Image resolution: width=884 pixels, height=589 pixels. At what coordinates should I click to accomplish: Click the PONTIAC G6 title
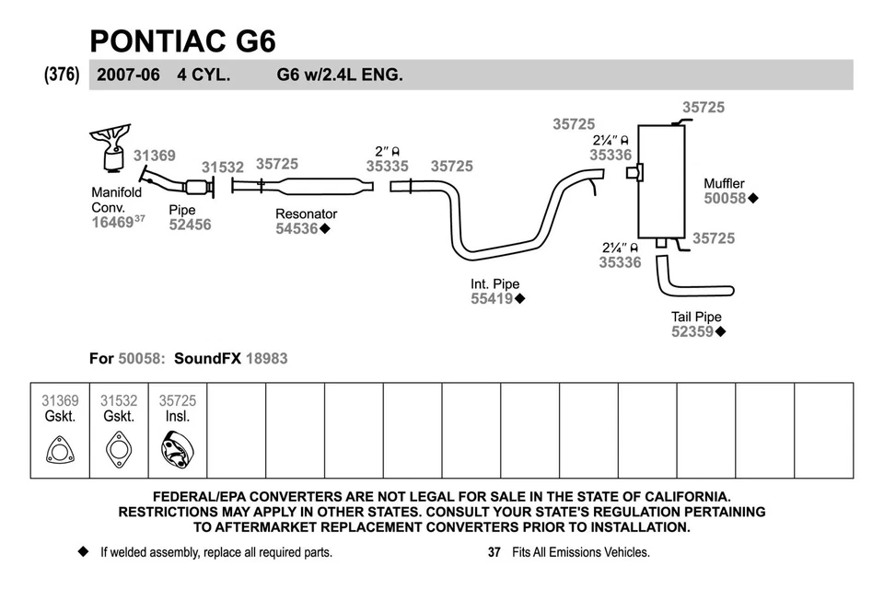[x=182, y=40]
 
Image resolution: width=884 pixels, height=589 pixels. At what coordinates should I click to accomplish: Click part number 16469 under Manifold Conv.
[x=112, y=221]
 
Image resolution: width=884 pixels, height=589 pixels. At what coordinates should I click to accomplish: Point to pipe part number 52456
[x=190, y=225]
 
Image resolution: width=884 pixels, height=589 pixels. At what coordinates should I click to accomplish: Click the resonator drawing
[x=313, y=187]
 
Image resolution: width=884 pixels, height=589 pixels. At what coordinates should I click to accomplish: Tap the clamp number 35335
[x=387, y=167]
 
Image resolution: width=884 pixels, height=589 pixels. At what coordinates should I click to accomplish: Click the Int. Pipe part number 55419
[x=492, y=299]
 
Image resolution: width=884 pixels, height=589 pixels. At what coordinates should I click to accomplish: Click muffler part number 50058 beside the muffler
[x=726, y=198]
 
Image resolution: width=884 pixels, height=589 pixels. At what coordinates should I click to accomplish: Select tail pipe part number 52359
[x=692, y=332]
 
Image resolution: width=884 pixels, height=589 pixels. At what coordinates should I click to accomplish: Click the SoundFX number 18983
[x=266, y=358]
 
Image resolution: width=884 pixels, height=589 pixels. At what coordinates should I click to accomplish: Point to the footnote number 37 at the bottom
[x=494, y=553]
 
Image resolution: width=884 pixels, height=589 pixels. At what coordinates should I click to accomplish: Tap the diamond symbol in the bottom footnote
[x=82, y=552]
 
